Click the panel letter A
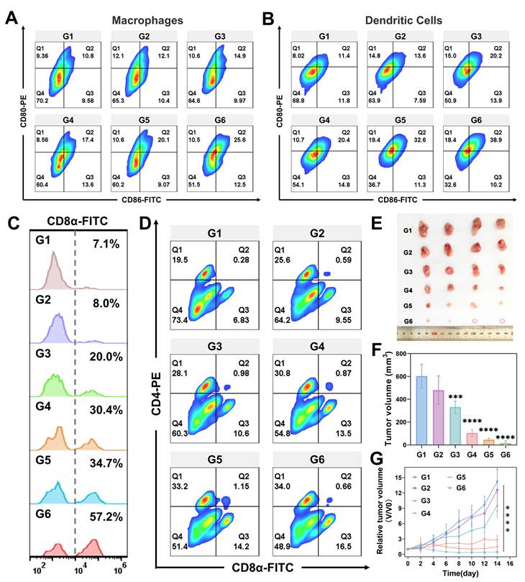coord(12,16)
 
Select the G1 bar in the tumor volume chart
coord(421,409)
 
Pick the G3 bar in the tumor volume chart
coord(455,424)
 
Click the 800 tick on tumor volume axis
coord(405,353)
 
